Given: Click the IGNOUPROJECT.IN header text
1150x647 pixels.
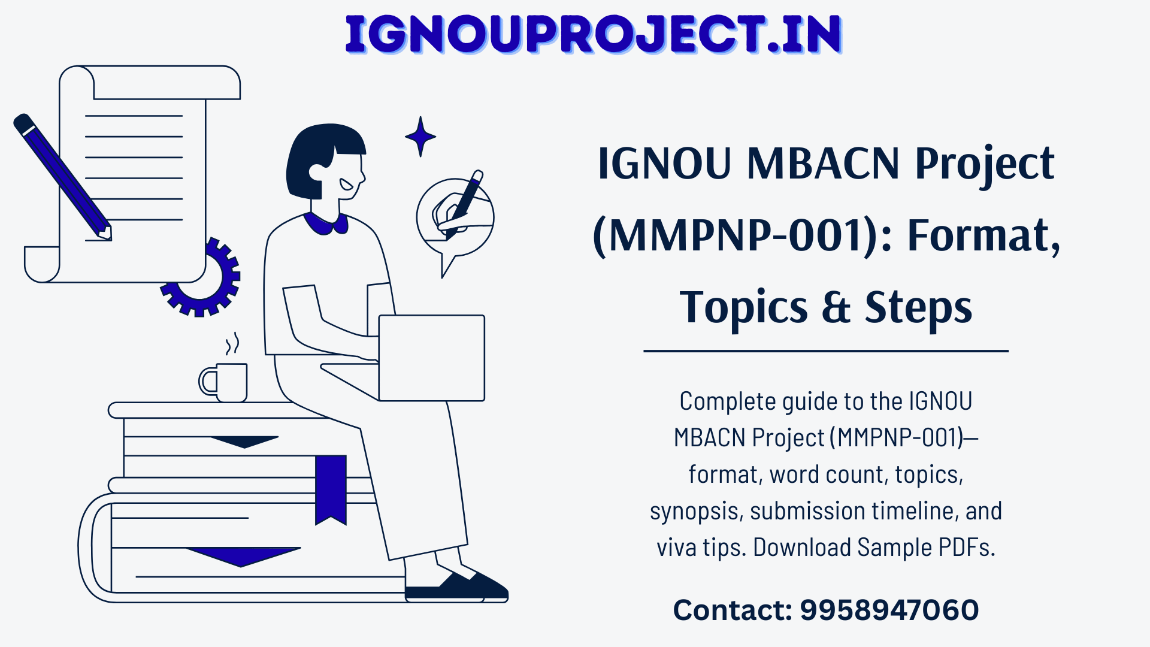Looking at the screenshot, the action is pyautogui.click(x=594, y=35).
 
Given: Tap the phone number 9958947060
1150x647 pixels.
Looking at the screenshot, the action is pyautogui.click(x=889, y=610).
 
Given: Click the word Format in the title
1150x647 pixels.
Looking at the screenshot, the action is pyautogui.click(x=983, y=235).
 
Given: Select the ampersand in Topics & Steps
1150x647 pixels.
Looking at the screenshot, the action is pyautogui.click(x=836, y=307).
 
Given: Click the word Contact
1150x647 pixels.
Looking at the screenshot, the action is pyautogui.click(x=733, y=610).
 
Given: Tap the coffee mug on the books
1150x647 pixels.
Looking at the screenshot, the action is pyautogui.click(x=223, y=382).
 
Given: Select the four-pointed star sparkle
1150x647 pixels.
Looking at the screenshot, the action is pyautogui.click(x=420, y=137).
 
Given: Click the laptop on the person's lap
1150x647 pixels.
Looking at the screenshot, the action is pyautogui.click(x=431, y=358).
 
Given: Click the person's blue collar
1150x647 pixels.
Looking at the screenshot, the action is pyautogui.click(x=326, y=223).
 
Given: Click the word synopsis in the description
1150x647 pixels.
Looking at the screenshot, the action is pyautogui.click(x=696, y=511).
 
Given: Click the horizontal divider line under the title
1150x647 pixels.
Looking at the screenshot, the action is pyautogui.click(x=826, y=351).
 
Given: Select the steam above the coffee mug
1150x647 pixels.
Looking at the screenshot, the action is pyautogui.click(x=232, y=343).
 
